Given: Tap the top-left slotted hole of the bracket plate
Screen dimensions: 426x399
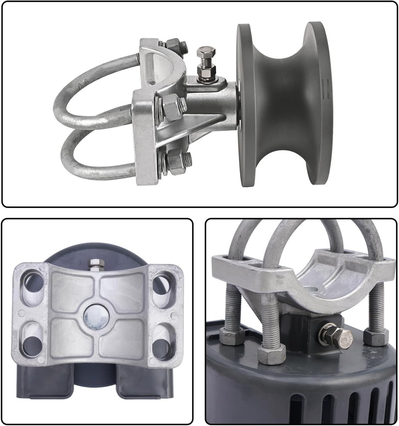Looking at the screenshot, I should pos(34,282).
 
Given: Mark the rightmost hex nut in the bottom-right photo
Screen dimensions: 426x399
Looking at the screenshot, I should pos(376,337).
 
